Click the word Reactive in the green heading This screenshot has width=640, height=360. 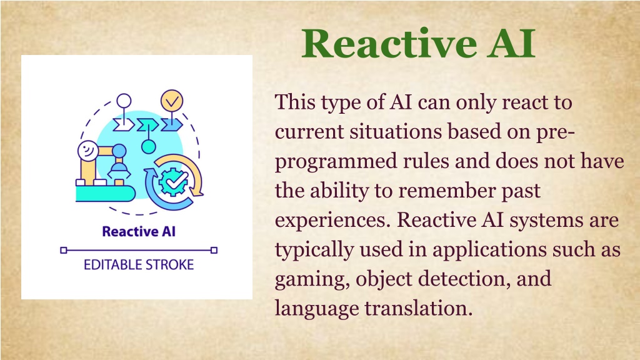(x=389, y=44)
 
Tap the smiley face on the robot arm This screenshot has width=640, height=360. (x=88, y=151)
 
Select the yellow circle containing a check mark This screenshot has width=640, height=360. (x=172, y=101)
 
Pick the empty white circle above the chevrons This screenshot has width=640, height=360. (x=124, y=101)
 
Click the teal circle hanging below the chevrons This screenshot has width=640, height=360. (x=149, y=146)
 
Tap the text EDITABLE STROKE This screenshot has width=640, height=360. (x=139, y=265)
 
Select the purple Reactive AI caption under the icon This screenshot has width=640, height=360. (x=139, y=232)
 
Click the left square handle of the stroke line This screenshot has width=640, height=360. (x=63, y=250)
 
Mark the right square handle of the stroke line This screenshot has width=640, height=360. (x=214, y=250)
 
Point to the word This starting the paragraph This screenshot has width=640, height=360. (x=295, y=102)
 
